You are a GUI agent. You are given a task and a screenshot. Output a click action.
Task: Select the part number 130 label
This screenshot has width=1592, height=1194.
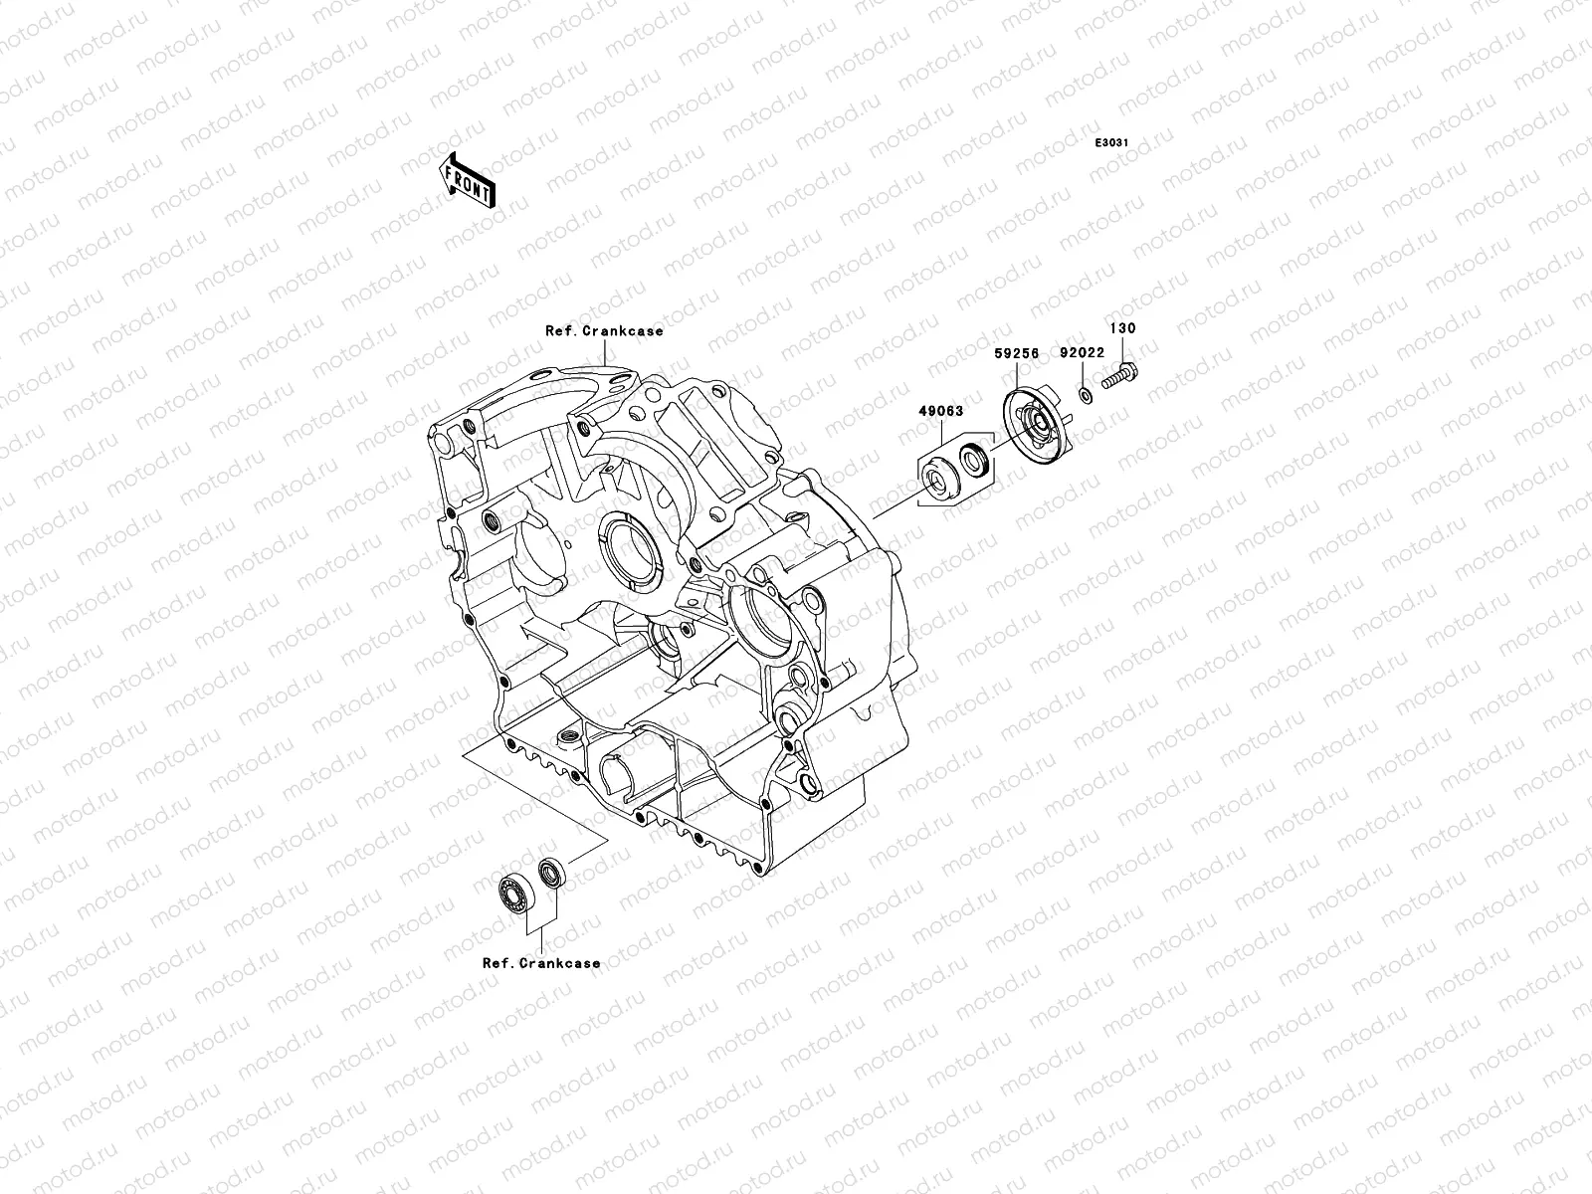click(1122, 328)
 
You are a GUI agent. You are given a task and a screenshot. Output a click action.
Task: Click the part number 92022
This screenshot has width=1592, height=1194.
click(1082, 353)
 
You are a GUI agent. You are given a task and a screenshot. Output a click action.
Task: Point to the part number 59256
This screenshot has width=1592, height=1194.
click(1017, 353)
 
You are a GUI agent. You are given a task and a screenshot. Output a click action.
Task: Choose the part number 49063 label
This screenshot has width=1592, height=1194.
click(941, 410)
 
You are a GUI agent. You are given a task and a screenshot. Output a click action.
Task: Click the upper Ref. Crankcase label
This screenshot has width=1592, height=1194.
click(603, 331)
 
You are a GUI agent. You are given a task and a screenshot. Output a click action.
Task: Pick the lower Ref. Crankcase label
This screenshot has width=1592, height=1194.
click(541, 963)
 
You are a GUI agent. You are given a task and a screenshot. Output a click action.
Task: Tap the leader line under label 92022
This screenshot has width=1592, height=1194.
click(1083, 373)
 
